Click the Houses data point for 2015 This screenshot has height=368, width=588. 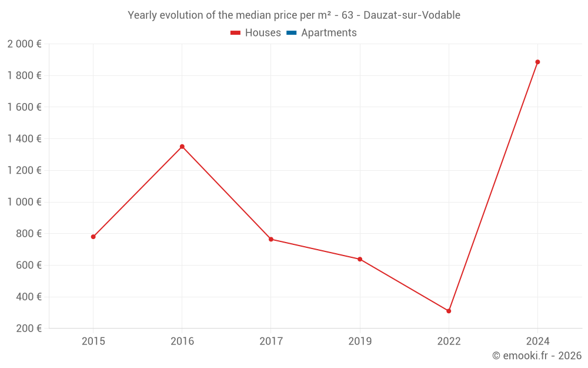(x=93, y=237)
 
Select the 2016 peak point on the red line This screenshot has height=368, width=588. (x=182, y=147)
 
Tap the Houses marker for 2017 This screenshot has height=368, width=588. (x=271, y=239)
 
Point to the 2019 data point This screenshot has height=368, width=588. (x=360, y=259)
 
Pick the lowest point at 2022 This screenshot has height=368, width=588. (x=449, y=311)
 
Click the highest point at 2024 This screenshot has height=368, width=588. (x=537, y=62)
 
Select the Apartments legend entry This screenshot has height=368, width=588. (x=329, y=33)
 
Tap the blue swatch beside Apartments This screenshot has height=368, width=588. (x=292, y=33)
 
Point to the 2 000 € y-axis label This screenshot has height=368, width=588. (x=24, y=44)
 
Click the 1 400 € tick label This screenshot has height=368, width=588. (x=24, y=139)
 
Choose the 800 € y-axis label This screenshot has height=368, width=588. (x=28, y=234)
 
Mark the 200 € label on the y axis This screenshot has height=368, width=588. (x=28, y=329)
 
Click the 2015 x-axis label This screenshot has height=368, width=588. (x=93, y=341)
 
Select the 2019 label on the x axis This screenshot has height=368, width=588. (x=360, y=341)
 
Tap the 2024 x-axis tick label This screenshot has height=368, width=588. (x=537, y=341)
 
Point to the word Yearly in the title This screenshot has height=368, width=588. (x=142, y=15)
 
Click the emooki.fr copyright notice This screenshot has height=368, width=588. (x=537, y=356)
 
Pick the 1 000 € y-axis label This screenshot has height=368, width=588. (x=24, y=202)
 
